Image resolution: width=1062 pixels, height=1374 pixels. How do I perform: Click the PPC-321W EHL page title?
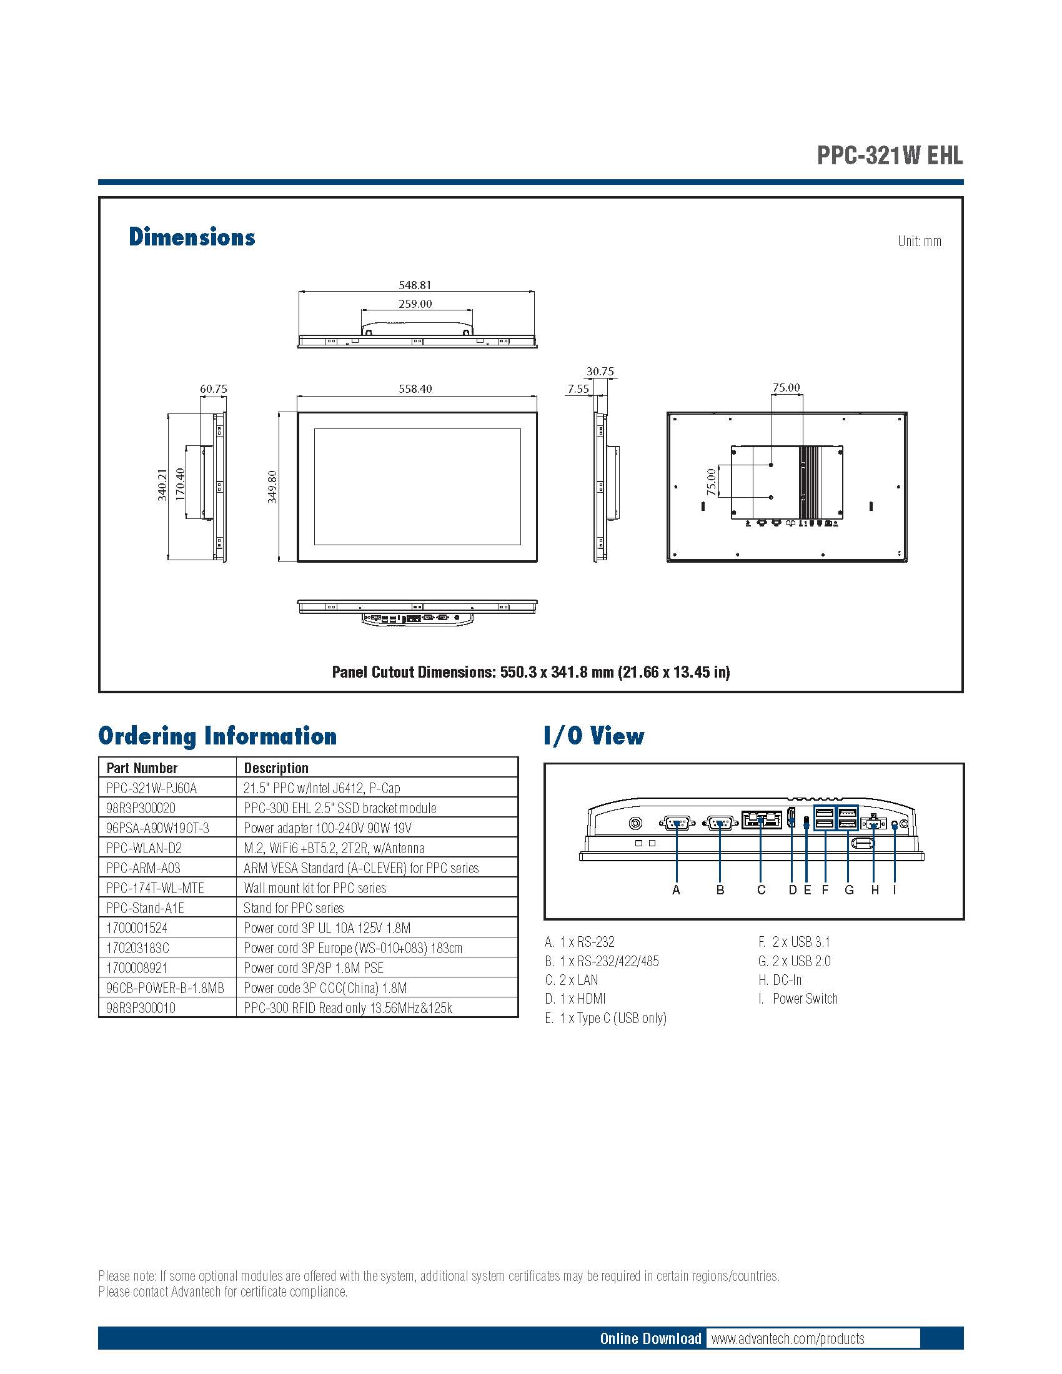889,156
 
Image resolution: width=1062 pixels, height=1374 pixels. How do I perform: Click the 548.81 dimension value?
415,285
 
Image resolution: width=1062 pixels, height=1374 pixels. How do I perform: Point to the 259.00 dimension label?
415,304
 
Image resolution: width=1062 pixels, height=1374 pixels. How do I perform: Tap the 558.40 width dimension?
415,389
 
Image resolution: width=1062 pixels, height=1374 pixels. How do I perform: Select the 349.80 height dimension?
272,487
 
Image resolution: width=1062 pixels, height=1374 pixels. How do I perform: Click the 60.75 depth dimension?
213,389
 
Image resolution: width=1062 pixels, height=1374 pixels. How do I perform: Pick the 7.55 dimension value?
578,389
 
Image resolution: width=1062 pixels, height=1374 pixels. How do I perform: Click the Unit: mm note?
919,241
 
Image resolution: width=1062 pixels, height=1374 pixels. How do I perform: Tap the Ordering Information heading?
217,736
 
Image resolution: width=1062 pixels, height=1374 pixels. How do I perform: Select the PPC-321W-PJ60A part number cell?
152,788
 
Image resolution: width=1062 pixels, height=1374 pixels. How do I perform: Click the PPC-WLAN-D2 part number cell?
144,848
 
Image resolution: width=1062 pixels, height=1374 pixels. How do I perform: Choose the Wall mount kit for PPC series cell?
315,888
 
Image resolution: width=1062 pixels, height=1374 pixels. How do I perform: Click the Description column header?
276,768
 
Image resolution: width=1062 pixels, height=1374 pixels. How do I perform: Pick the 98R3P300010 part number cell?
141,1008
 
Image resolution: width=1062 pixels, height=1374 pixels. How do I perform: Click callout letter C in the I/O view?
762,889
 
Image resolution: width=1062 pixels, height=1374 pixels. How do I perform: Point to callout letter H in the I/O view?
875,889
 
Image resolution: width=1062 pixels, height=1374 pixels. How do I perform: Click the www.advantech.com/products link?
788,1338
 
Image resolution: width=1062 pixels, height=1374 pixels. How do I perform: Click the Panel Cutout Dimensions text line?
531,672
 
